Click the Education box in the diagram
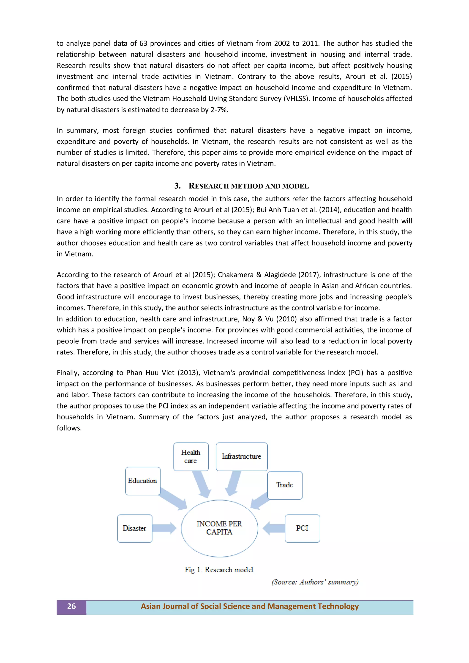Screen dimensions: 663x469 143,481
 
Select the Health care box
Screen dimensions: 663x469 191,456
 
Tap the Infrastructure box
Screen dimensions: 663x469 241,456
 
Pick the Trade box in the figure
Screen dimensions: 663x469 285,485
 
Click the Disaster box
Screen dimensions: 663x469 135,528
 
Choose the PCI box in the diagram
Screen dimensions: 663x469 302,528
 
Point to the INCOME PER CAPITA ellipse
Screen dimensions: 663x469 219,528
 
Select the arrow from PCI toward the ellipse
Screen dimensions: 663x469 274,528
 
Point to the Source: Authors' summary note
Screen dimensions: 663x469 315,582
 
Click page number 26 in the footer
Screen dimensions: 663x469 71,606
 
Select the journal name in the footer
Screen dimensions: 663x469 250,606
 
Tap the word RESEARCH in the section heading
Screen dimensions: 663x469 209,186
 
